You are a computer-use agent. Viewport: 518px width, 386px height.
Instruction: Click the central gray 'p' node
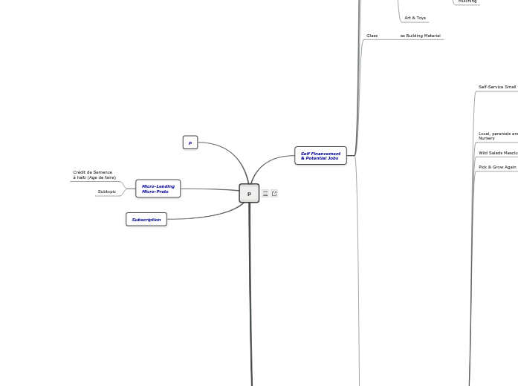tap(249, 193)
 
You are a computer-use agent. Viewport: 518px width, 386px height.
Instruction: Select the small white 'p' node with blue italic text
tap(190, 143)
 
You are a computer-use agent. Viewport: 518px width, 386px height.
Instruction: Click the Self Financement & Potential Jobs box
tap(320, 156)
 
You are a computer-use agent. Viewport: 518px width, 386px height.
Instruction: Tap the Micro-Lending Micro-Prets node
tap(158, 189)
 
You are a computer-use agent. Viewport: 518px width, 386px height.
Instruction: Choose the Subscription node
tap(146, 220)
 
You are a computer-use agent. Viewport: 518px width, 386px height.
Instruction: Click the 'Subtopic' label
tap(107, 192)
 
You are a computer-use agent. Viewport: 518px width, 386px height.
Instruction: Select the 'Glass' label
tap(372, 36)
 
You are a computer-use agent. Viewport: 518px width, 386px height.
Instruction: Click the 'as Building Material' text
tap(420, 36)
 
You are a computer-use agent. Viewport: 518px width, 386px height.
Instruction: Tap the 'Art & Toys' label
tap(415, 18)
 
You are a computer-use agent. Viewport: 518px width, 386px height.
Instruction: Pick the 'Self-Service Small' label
tap(496, 87)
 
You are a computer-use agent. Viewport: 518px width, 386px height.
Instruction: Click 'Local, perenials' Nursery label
tap(497, 136)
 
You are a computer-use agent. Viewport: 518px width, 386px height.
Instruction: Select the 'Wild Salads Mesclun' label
tap(497, 153)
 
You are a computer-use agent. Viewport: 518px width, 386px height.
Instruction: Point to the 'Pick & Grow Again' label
tap(497, 167)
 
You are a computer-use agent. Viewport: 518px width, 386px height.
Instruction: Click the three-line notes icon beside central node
tap(265, 194)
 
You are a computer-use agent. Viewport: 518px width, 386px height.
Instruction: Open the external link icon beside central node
tap(274, 194)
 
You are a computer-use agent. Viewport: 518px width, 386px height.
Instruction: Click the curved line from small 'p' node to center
tap(230, 151)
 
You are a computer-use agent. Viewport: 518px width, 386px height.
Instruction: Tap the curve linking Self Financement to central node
tap(268, 163)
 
